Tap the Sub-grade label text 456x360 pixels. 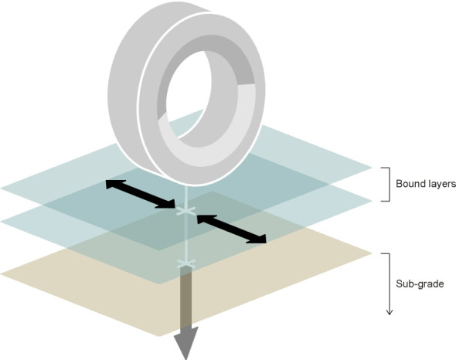coord(420,284)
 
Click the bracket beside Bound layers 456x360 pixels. coord(387,185)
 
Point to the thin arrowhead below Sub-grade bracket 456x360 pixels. coord(389,312)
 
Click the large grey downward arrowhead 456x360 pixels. coord(185,342)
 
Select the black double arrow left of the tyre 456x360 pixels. coord(141,194)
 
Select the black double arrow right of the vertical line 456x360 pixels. coord(232,229)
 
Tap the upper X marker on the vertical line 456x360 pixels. coord(186,212)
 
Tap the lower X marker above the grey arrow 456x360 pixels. coord(186,263)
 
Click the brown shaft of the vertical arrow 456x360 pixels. coord(186,297)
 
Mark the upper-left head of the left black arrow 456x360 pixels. coord(107,182)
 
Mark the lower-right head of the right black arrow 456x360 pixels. coord(264,241)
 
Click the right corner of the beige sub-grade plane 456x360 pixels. coord(373,253)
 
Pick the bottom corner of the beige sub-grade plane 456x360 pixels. coord(159,337)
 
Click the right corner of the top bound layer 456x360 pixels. coord(373,168)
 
